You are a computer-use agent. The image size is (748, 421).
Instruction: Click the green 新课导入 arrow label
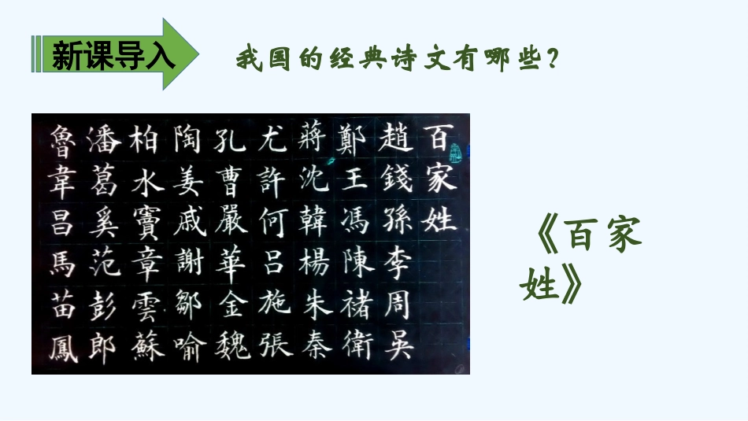tap(110, 54)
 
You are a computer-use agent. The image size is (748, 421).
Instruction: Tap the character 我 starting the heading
tap(248, 59)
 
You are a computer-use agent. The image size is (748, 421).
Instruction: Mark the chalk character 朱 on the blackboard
tap(313, 305)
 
